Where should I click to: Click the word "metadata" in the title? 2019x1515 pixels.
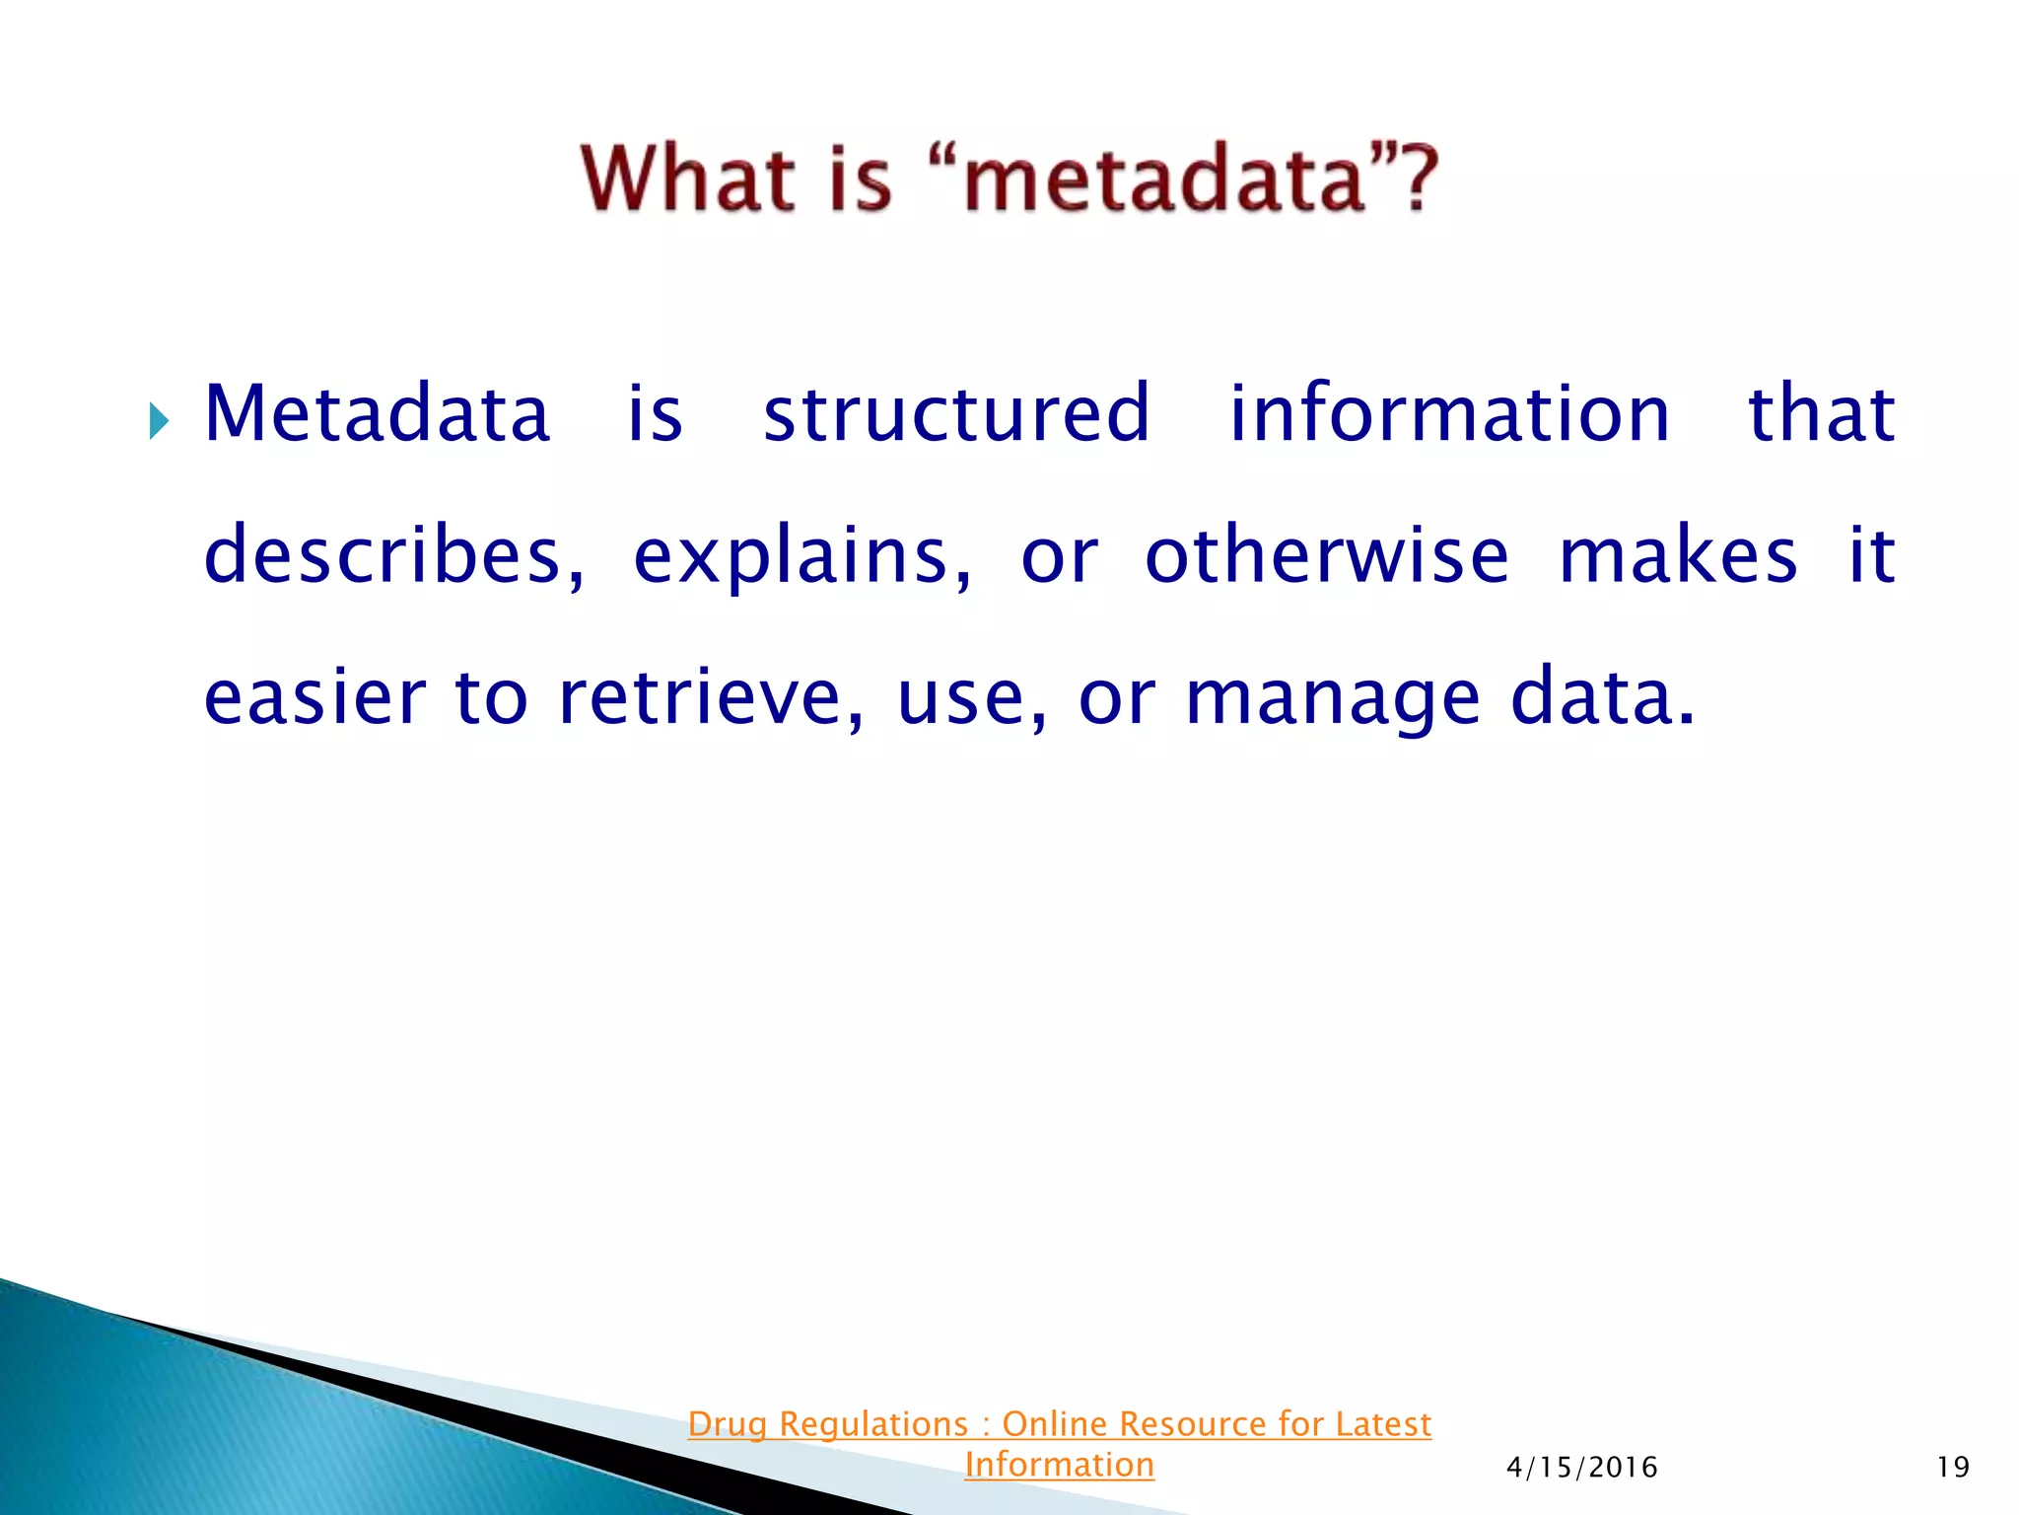tap(1164, 180)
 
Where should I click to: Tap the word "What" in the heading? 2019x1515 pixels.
tap(688, 180)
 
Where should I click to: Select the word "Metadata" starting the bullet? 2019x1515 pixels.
tap(377, 414)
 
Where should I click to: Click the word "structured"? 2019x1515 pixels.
tap(956, 414)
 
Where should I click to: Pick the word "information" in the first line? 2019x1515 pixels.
tap(1449, 414)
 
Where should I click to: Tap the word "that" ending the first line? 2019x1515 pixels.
tap(1821, 414)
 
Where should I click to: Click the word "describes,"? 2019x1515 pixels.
tap(394, 555)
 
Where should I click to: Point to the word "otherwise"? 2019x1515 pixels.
tap(1327, 555)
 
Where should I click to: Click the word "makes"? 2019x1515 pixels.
tap(1678, 555)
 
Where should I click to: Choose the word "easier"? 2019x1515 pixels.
tap(314, 697)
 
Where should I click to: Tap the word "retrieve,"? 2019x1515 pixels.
tap(711, 697)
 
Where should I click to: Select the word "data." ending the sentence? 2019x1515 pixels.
tap(1603, 697)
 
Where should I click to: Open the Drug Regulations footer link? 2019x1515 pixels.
tap(1059, 1424)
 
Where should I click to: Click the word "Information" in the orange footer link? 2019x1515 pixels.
tap(1059, 1465)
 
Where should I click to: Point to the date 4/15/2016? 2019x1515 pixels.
tap(1581, 1468)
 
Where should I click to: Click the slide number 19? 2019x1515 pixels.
tap(1952, 1468)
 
